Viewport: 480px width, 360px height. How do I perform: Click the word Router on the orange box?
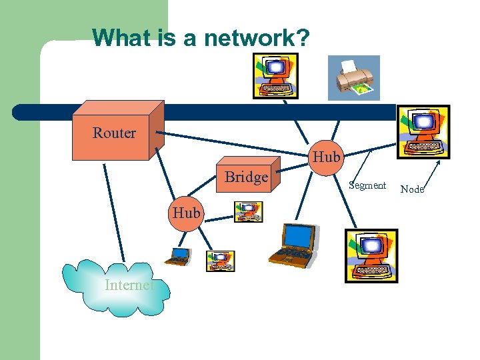point(114,133)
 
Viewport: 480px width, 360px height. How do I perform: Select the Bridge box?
point(247,177)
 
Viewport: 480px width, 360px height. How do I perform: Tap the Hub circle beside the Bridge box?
point(326,157)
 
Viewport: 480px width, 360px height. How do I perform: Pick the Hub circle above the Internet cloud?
point(185,213)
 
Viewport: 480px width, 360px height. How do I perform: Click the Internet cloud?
point(117,287)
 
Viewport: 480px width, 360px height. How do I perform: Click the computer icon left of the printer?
point(275,75)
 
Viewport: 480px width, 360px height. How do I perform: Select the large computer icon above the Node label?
point(423,132)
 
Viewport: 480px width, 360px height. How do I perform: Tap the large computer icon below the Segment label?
point(371,256)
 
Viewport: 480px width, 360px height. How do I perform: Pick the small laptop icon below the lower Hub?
point(179,256)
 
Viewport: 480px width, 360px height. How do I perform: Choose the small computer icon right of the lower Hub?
point(248,212)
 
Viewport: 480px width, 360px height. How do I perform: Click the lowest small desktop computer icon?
point(220,261)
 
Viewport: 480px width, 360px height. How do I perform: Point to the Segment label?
point(367,185)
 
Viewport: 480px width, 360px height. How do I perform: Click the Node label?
point(412,189)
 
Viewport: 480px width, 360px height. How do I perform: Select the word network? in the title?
point(257,38)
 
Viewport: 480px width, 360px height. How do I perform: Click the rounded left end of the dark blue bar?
point(20,112)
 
